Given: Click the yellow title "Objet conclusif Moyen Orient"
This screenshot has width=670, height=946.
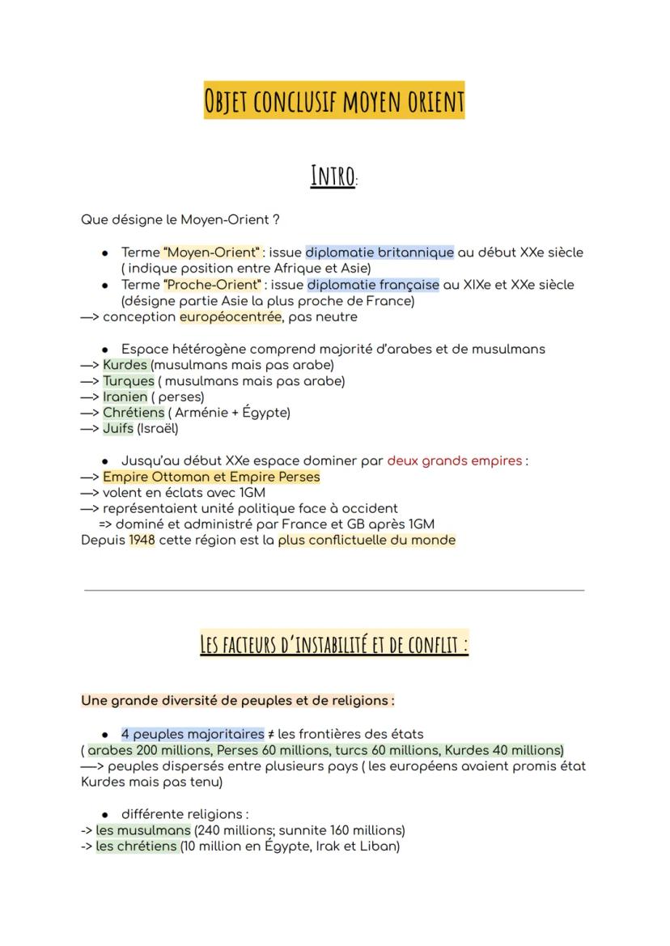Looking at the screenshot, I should coord(334,101).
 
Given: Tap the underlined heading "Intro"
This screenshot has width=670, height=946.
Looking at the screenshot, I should coord(333,176).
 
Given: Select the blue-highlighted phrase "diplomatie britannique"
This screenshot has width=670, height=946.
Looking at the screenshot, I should coord(380,252).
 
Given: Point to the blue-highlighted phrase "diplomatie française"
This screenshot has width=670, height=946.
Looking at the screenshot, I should coord(373,285).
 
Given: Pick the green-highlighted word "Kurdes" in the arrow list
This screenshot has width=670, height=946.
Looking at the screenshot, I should coord(126,365).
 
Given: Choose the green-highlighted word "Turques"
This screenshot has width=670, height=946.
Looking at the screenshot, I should coord(128,380).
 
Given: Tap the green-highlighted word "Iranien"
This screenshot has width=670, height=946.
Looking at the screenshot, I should coord(125,397).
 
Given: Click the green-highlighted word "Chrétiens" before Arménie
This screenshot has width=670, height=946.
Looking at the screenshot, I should coord(134,413).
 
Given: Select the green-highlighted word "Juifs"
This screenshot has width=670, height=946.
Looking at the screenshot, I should coord(118,428).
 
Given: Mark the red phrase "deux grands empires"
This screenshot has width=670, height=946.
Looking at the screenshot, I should coord(455,460).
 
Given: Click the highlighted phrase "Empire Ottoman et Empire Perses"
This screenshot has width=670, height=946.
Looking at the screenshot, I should coord(211,477).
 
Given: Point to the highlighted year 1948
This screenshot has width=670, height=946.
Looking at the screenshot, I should coord(142,540).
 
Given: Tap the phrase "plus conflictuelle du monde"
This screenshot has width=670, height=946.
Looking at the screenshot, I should coord(367,540).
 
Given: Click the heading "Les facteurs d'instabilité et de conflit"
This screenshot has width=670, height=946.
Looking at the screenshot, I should coord(334,645).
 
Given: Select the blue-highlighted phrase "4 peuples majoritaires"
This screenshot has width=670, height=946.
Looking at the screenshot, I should coord(193,734).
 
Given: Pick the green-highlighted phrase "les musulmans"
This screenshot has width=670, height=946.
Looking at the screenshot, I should coord(143,830).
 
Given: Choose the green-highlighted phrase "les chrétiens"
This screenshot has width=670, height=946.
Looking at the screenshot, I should coord(137,846).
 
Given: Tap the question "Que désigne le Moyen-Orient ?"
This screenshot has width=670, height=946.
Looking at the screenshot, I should coord(180,219).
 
